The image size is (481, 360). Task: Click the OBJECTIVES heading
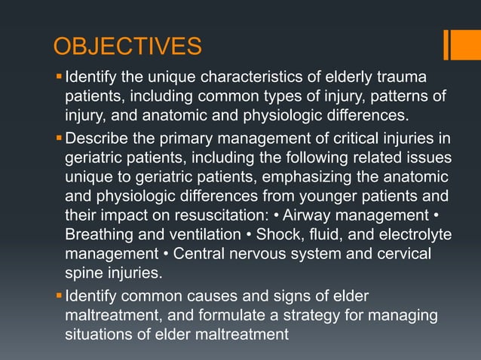coord(127,47)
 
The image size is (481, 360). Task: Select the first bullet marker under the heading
coord(59,77)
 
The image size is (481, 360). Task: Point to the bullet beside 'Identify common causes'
coord(59,295)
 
